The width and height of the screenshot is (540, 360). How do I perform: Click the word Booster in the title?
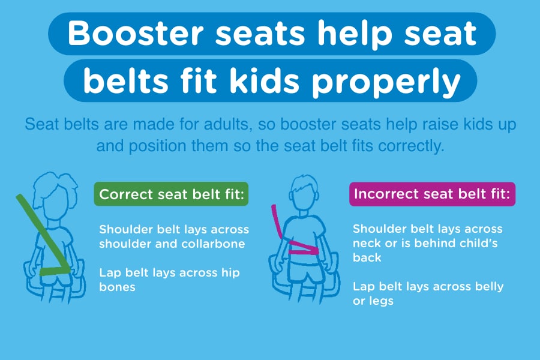pos(136,33)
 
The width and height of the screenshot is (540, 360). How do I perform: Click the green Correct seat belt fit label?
pos(171,194)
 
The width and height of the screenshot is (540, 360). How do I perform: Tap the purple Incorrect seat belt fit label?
pos(432,194)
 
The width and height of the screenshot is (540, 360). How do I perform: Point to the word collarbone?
pos(213,244)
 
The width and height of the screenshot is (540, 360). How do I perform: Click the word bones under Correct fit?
pos(117,287)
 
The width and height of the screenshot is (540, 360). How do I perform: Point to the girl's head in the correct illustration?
pos(55,196)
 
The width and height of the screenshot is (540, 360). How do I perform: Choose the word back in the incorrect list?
pos(367,257)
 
